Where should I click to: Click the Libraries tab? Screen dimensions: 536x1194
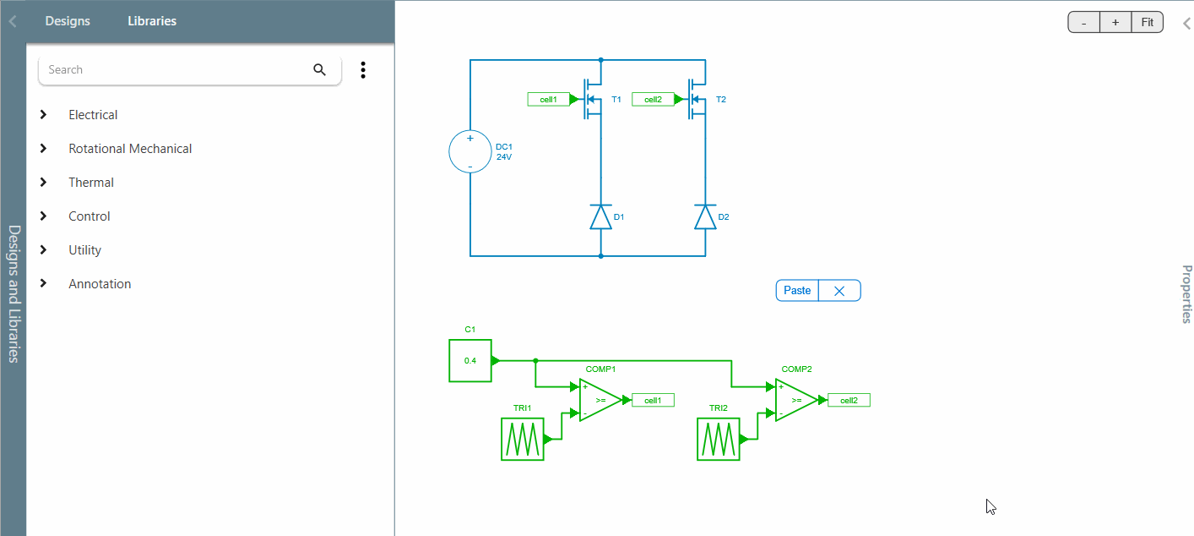pyautogui.click(x=152, y=21)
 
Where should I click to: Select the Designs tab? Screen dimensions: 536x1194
pyautogui.click(x=68, y=21)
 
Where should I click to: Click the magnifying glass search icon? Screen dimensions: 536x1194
pyautogui.click(x=319, y=70)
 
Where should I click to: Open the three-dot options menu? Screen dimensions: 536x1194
pyautogui.click(x=363, y=70)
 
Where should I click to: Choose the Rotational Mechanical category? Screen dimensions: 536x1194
pyautogui.click(x=130, y=149)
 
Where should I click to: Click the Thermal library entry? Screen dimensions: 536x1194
pyautogui.click(x=91, y=183)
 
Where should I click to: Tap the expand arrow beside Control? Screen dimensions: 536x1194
pyautogui.click(x=44, y=216)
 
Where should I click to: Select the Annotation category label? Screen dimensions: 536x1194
pyautogui.click(x=100, y=284)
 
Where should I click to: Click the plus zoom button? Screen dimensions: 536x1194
pyautogui.click(x=1115, y=23)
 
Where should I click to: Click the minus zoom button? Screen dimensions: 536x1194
pyautogui.click(x=1084, y=23)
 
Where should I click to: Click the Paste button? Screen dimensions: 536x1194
pyautogui.click(x=797, y=291)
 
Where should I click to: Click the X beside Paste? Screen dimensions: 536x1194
pyautogui.click(x=839, y=291)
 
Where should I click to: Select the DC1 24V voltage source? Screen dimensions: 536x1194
pyautogui.click(x=470, y=152)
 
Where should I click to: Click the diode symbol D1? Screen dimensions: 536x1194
pyautogui.click(x=600, y=217)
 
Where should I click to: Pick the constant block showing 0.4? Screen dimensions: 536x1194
pyautogui.click(x=470, y=361)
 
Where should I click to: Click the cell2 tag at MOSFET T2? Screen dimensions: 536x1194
pyautogui.click(x=653, y=100)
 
